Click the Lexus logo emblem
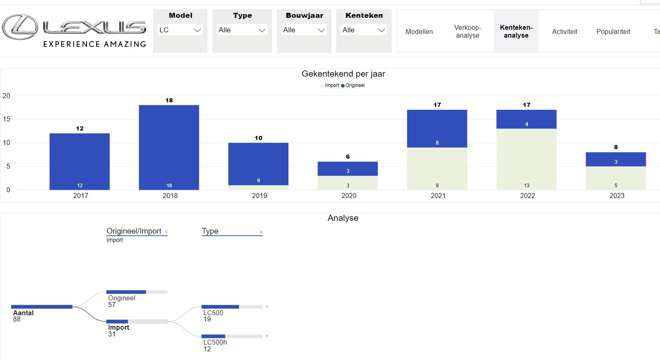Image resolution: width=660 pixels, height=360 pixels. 20,27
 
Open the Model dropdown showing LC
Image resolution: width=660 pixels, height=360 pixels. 180,30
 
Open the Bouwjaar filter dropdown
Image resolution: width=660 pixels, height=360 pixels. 304,30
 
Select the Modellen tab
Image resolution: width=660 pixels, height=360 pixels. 419,32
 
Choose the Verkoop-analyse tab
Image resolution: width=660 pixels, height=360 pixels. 467,31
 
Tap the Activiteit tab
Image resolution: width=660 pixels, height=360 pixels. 564,32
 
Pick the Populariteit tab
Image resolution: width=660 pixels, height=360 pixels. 613,32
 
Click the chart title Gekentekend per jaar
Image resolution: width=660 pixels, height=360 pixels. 343,74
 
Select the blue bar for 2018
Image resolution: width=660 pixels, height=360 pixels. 169,147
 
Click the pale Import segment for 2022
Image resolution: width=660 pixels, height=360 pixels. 526,159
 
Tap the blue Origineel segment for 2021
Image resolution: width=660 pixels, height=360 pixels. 437,128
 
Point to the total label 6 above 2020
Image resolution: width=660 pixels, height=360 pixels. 348,157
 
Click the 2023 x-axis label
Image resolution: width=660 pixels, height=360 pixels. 616,196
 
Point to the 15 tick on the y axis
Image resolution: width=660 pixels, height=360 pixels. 7,119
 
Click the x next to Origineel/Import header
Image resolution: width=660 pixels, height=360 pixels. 166,232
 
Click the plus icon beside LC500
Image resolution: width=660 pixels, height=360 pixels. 267,307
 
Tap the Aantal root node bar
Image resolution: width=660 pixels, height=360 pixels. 42,307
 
